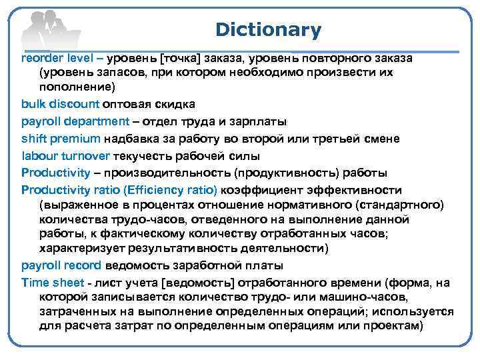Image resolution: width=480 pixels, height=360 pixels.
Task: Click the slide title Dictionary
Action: [x=268, y=30]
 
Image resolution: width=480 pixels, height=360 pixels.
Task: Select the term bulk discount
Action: [x=60, y=104]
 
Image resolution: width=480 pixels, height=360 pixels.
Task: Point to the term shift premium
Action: [x=61, y=139]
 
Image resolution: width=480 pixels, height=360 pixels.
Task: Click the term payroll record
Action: [x=61, y=265]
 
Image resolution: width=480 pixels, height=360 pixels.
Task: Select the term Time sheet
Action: [x=52, y=283]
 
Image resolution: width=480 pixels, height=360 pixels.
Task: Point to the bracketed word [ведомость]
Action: [x=201, y=283]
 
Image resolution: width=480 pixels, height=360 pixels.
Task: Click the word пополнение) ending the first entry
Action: [x=77, y=87]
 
